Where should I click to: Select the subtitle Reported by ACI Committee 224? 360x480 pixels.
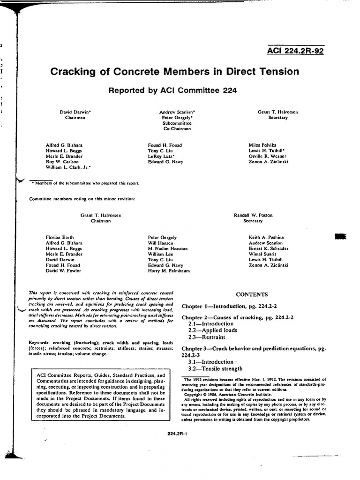tap(172, 90)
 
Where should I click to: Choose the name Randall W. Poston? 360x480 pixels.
tap(253, 215)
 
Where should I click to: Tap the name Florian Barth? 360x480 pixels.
tap(60, 238)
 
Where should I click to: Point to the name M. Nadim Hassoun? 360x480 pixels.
tap(167, 248)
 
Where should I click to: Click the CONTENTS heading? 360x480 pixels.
tap(252, 295)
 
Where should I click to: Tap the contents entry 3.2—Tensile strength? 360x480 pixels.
tap(215, 368)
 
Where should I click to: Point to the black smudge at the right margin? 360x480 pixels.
tap(340, 237)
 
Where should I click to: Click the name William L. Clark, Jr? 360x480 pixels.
tap(68, 167)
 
